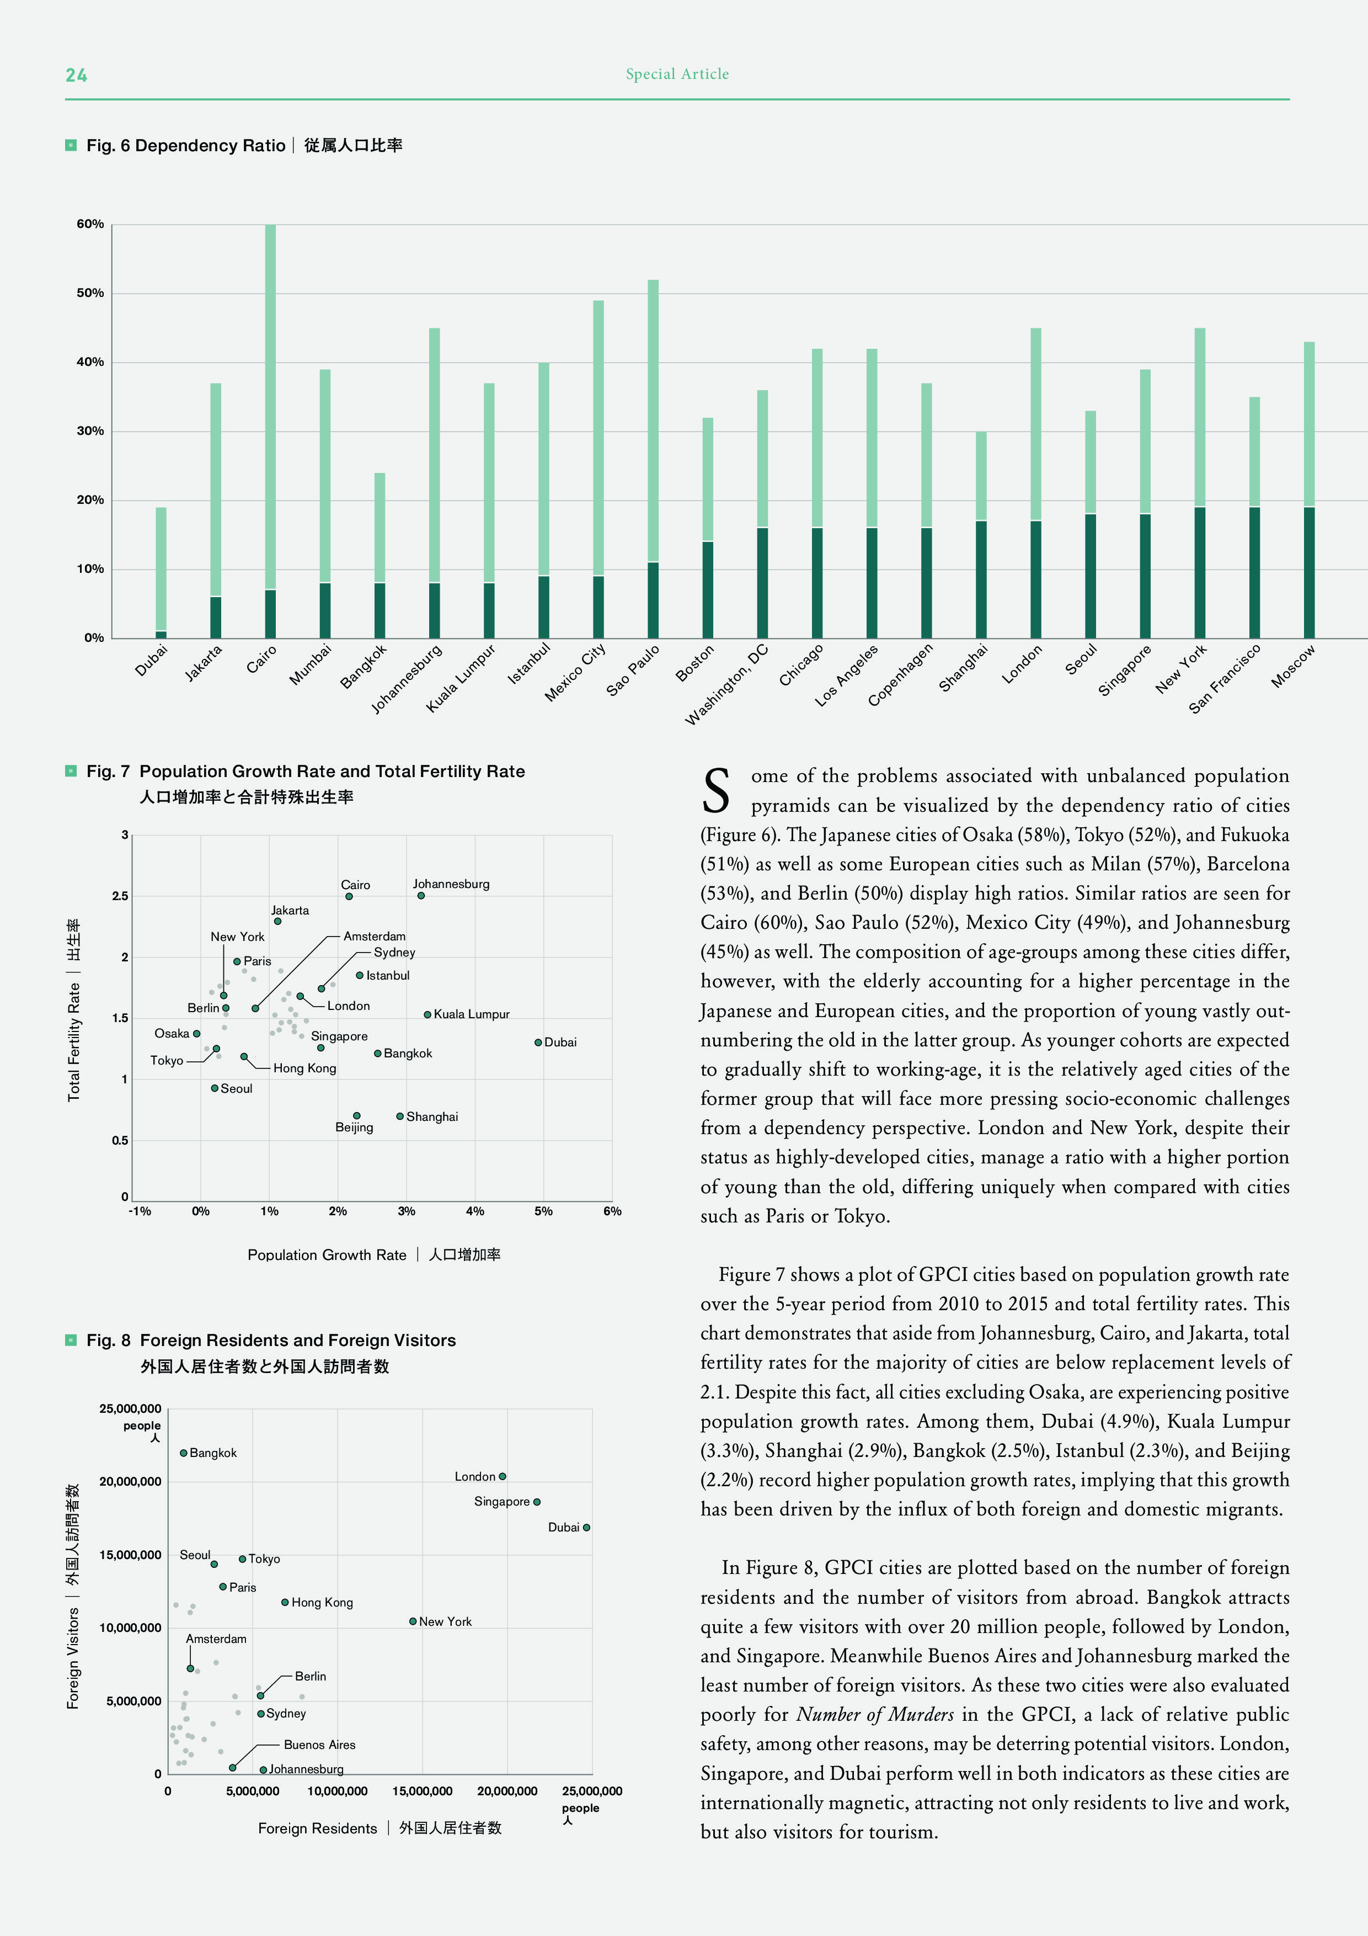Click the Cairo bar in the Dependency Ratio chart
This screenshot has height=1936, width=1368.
(x=270, y=430)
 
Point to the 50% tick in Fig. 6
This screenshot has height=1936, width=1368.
(x=90, y=294)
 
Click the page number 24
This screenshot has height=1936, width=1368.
(x=76, y=75)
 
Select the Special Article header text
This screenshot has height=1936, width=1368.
(x=677, y=74)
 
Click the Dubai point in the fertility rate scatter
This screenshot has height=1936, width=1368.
(x=538, y=1042)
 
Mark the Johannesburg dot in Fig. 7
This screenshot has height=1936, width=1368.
(x=420, y=896)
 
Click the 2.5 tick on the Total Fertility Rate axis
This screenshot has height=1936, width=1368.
(x=121, y=896)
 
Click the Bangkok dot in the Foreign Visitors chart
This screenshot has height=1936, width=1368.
(x=183, y=1453)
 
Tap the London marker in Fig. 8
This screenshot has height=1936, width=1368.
(x=503, y=1476)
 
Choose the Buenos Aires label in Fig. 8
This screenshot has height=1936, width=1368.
(x=319, y=1744)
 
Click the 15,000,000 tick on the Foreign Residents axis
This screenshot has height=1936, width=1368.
(x=423, y=1791)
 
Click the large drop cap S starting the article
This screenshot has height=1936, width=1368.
(x=717, y=791)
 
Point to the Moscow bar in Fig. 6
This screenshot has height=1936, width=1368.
(x=1309, y=489)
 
